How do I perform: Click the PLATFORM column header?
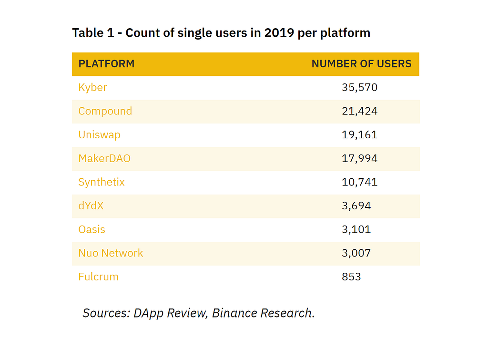pyautogui.click(x=106, y=64)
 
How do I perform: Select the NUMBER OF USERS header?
pyautogui.click(x=361, y=64)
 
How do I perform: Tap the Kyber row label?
pyautogui.click(x=92, y=88)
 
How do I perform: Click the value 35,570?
pyautogui.click(x=359, y=88)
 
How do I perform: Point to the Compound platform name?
pyautogui.click(x=105, y=111)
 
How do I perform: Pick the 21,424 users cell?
pyautogui.click(x=359, y=111)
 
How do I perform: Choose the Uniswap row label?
pyautogui.click(x=99, y=135)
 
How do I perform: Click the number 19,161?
pyautogui.click(x=359, y=135)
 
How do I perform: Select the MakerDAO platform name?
pyautogui.click(x=104, y=158)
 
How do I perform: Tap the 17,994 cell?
pyautogui.click(x=359, y=158)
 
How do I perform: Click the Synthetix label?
pyautogui.click(x=102, y=182)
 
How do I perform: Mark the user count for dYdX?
pyautogui.click(x=356, y=206)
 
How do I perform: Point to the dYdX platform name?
pyautogui.click(x=91, y=206)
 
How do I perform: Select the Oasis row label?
pyautogui.click(x=91, y=229)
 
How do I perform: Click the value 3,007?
pyautogui.click(x=356, y=253)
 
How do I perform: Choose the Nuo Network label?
pyautogui.click(x=111, y=253)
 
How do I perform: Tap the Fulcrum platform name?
pyautogui.click(x=98, y=277)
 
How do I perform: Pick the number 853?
pyautogui.click(x=351, y=277)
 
